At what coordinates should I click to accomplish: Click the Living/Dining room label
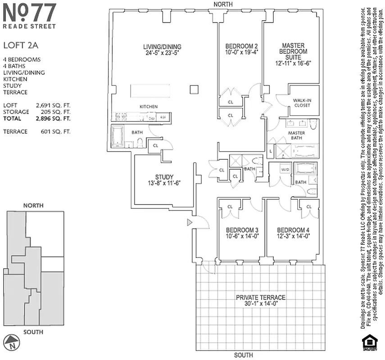162,46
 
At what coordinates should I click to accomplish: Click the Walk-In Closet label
302,103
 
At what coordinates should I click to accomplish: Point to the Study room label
164,177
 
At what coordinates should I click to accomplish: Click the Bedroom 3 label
242,228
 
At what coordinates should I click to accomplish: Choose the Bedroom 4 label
293,228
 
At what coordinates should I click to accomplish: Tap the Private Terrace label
261,297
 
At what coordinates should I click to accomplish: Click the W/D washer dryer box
285,170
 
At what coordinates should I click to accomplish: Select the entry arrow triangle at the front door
190,222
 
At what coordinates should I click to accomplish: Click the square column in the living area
194,89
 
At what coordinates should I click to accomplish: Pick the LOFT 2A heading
21,45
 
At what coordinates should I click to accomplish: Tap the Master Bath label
296,135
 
